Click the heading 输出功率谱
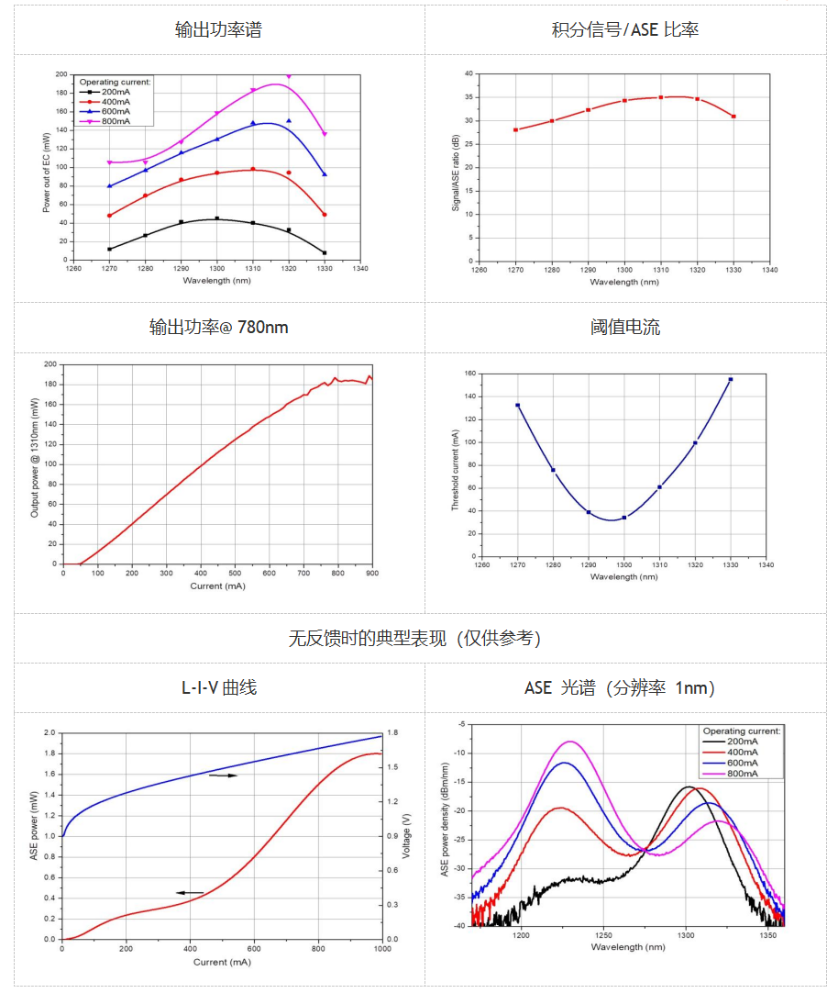click(x=218, y=29)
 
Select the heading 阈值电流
click(x=625, y=327)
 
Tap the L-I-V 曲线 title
click(x=218, y=687)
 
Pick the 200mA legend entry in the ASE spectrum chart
click(x=742, y=742)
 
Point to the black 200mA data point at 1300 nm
click(x=216, y=218)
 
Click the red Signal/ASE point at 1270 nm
click(x=516, y=129)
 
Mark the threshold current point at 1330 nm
click(x=731, y=379)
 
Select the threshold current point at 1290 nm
click(x=589, y=512)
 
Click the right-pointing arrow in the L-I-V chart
click(x=223, y=775)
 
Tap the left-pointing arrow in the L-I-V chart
click(x=190, y=892)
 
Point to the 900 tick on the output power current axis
click(x=371, y=574)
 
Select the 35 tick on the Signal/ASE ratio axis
click(x=468, y=97)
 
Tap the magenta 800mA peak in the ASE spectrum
click(x=571, y=741)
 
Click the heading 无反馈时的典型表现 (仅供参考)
click(x=414, y=638)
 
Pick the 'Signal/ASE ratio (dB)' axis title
click(x=456, y=171)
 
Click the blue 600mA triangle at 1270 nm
click(x=110, y=185)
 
